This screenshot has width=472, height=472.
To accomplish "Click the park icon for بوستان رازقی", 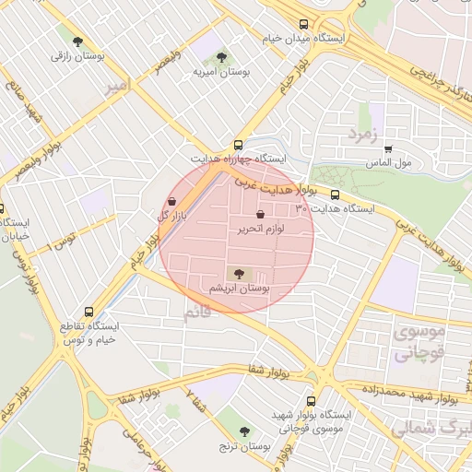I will click(78, 41).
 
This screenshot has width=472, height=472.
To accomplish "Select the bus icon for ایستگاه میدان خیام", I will click(303, 25).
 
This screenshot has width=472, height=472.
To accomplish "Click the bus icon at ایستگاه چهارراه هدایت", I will click(238, 145).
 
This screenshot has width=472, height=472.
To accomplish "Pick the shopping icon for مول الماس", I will click(388, 147).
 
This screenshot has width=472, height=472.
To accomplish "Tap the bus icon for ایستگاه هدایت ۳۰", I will click(335, 195).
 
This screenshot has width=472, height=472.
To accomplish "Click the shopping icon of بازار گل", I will click(172, 201).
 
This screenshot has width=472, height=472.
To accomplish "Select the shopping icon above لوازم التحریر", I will click(273, 214).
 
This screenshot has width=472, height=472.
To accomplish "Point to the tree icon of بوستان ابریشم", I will click(240, 274).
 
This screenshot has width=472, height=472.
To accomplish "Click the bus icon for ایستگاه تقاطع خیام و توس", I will click(88, 312).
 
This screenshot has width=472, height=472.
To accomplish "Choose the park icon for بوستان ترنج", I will click(244, 431).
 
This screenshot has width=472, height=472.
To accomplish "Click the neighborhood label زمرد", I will click(362, 135).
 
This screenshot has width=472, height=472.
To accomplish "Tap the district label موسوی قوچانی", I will click(419, 341).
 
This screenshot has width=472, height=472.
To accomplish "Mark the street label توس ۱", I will click(62, 243).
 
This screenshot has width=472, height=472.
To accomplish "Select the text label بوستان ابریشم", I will click(240, 289).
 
